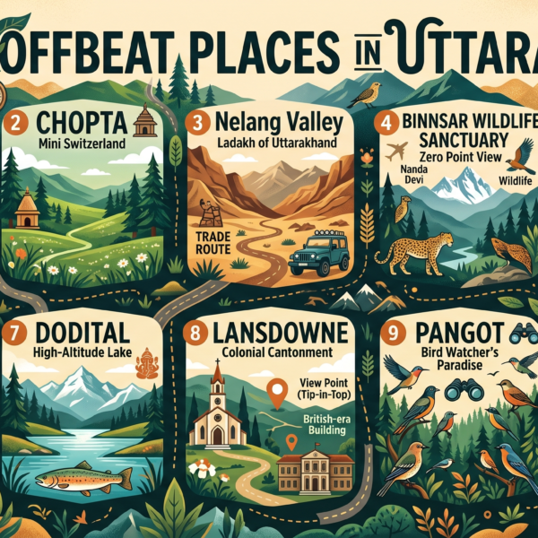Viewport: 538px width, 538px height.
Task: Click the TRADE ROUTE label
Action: [213, 245]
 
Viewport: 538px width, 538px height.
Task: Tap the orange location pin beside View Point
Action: [278, 389]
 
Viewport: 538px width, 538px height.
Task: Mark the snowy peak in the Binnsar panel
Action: [467, 184]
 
